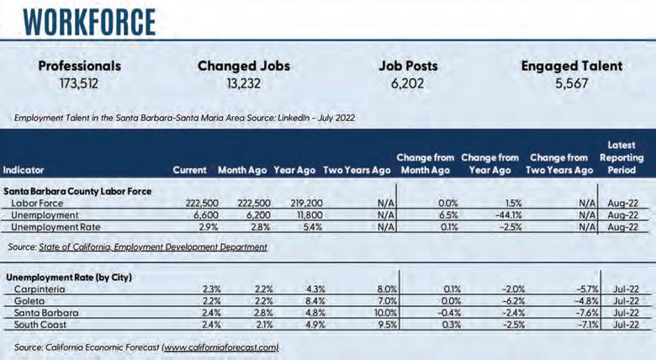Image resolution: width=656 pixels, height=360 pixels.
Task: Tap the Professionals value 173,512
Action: (80, 83)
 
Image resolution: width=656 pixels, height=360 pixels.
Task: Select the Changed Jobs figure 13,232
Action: (244, 83)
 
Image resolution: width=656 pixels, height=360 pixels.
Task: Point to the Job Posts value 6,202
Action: (408, 83)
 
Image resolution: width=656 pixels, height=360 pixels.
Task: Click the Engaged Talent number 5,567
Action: (571, 83)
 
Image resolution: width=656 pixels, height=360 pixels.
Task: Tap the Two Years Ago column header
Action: (357, 170)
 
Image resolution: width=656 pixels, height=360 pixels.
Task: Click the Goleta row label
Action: (28, 299)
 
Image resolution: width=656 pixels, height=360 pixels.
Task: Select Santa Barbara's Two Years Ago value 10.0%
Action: (381, 312)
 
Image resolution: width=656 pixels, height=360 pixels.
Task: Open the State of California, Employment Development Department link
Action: (153, 247)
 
